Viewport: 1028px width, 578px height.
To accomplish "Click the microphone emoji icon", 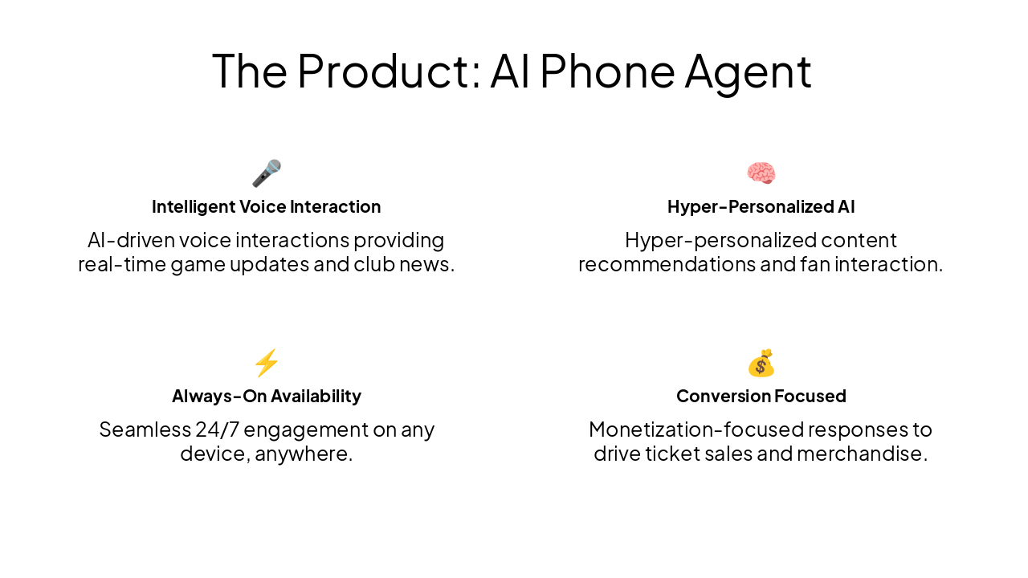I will [267, 173].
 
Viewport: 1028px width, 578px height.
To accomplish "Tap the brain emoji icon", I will [761, 173].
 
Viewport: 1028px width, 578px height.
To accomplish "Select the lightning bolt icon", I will [267, 363].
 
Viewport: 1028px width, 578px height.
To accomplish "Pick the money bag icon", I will [761, 363].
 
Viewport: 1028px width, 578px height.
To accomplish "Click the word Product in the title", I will [388, 71].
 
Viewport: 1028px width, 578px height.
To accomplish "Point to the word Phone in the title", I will [606, 71].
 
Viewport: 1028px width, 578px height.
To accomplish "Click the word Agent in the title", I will [748, 71].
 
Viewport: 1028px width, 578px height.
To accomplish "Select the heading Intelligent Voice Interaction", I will [267, 206].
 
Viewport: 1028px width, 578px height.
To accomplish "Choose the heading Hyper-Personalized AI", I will [761, 206].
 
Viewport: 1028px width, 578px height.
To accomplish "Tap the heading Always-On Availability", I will [267, 396].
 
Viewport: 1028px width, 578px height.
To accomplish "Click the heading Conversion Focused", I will [761, 396].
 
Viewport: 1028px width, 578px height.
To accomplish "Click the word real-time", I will [120, 264].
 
